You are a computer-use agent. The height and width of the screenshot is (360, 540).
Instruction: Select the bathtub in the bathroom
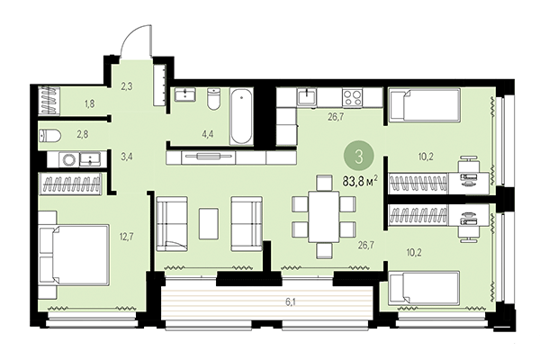[241, 117]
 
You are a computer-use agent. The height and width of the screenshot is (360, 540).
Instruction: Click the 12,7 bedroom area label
[126, 238]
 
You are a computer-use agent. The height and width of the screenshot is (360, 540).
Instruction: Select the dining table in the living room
[323, 216]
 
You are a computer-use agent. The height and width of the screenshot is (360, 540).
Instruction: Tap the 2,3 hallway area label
[127, 86]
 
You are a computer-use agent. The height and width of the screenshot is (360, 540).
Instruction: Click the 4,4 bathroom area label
[207, 135]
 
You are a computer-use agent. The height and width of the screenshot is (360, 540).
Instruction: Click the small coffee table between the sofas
[209, 222]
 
